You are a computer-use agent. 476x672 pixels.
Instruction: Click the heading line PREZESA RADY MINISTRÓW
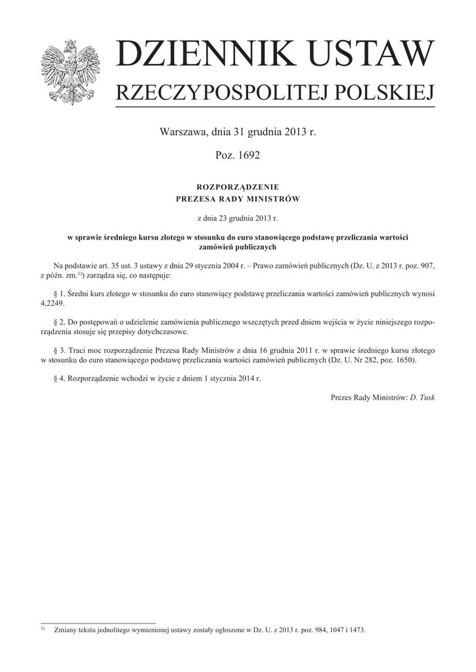coord(238,199)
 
